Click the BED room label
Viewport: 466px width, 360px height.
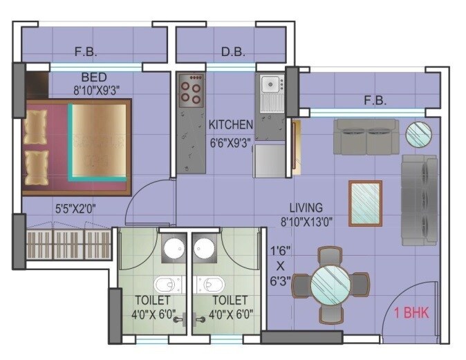tap(93, 76)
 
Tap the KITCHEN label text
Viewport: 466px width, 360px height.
tap(231, 125)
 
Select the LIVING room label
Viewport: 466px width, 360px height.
tap(306, 207)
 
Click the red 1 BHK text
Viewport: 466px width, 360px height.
tap(411, 313)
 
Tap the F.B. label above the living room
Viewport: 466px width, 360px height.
tap(375, 101)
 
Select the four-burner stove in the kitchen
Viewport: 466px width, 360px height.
tap(192, 93)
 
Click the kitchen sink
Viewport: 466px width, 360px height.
tap(270, 86)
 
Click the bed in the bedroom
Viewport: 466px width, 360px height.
tap(76, 147)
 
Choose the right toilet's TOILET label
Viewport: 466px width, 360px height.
tap(230, 300)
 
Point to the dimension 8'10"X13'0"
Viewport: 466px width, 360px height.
tap(306, 221)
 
